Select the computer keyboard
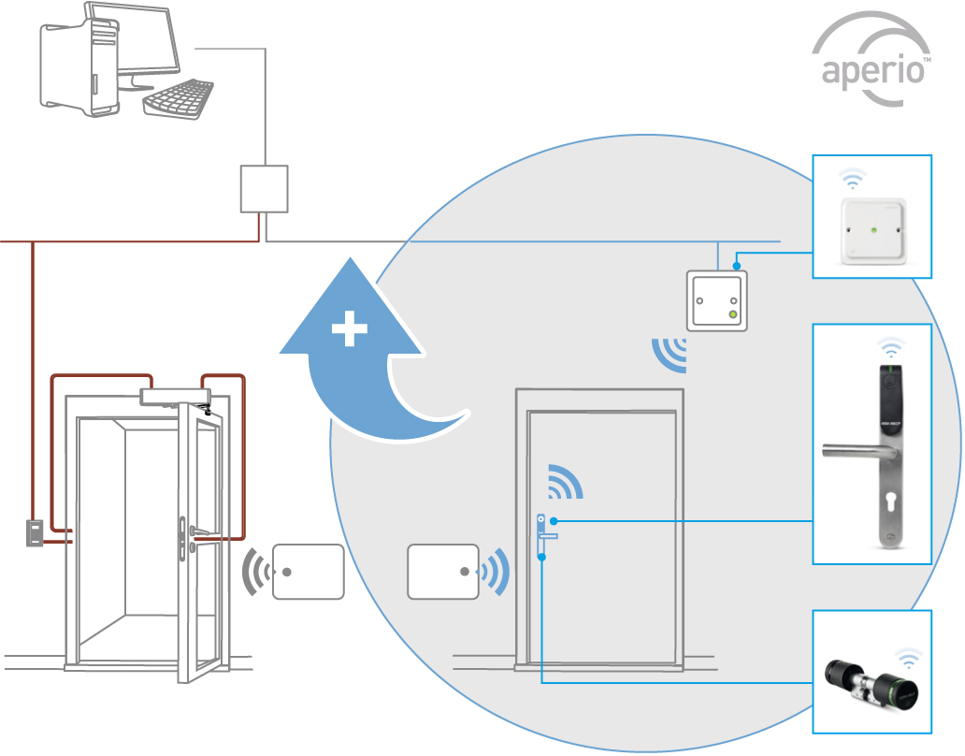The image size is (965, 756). click(179, 97)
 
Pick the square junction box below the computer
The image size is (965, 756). click(264, 188)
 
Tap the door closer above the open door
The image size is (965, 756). click(174, 398)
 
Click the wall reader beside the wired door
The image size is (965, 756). click(34, 533)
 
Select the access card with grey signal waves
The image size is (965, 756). click(308, 572)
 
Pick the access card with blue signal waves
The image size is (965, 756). click(442, 572)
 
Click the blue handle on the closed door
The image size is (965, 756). click(546, 537)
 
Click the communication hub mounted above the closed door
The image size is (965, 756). click(717, 299)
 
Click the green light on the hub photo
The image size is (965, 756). click(872, 226)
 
